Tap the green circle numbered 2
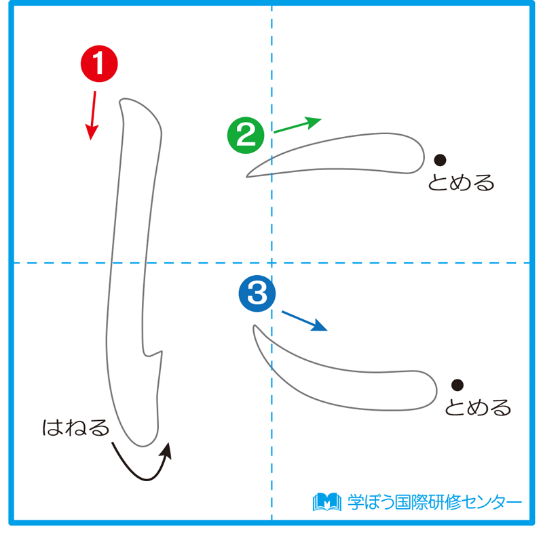tap(245, 136)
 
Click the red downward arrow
tap(92, 115)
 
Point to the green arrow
tap(297, 125)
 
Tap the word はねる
tap(75, 428)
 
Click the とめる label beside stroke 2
tap(461, 183)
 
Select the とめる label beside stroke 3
tap(478, 408)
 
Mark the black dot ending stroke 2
tap(440, 160)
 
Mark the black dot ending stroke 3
tap(457, 384)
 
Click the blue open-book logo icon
tap(326, 502)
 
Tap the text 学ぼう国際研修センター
tap(434, 502)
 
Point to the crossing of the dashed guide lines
tap(271, 262)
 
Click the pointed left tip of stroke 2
tap(248, 176)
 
